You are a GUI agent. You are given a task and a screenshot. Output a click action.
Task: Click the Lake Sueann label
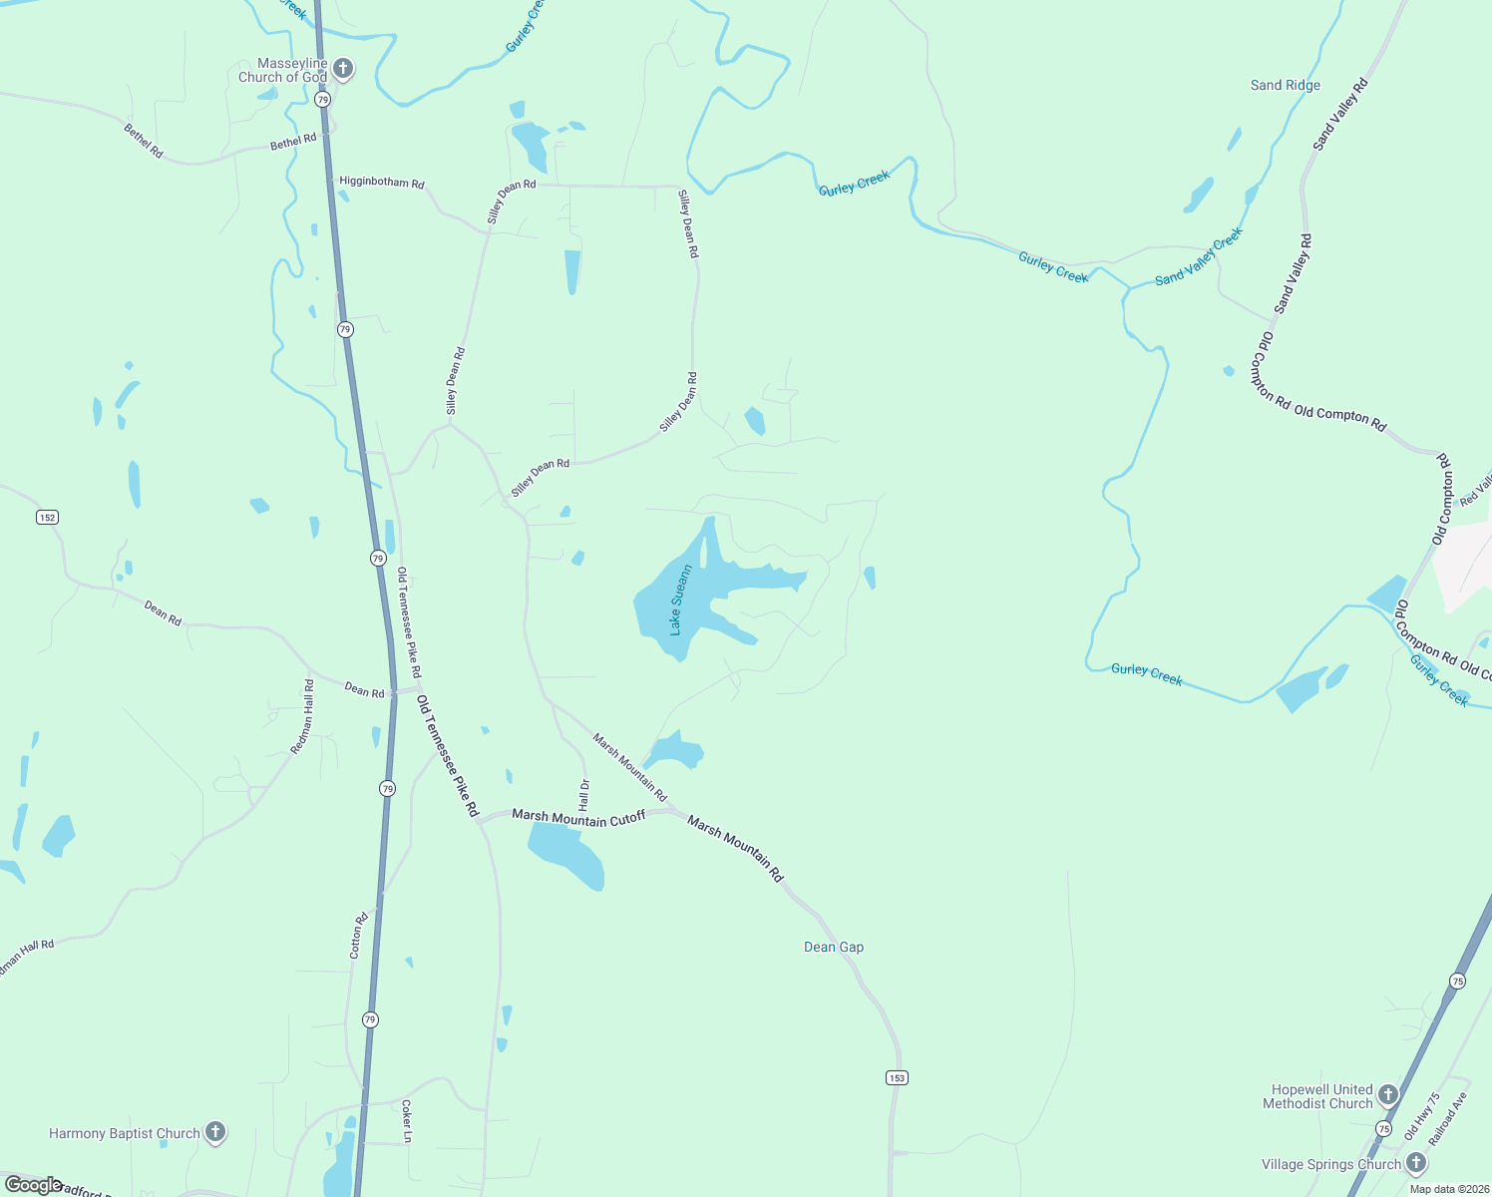click(681, 599)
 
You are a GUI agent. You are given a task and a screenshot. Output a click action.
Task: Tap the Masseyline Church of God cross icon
click(342, 69)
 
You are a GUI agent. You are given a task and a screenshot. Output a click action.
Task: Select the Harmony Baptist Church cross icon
click(214, 1132)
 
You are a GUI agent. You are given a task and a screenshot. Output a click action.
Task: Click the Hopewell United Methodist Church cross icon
click(1387, 1096)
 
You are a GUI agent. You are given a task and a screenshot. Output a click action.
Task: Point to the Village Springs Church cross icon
click(1415, 1163)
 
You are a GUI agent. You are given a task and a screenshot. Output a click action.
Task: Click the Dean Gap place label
click(834, 947)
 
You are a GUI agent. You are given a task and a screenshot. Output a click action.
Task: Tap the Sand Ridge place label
click(1286, 85)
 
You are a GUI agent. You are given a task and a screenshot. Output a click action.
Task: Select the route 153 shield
click(897, 1077)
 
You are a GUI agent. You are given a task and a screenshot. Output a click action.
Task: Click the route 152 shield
click(47, 517)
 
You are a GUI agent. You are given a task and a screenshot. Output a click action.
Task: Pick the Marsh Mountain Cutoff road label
click(578, 817)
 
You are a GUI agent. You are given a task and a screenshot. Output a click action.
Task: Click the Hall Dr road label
click(584, 794)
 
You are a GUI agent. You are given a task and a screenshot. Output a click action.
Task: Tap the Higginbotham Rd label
click(382, 183)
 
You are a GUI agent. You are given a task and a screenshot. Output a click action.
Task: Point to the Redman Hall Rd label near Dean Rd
click(302, 716)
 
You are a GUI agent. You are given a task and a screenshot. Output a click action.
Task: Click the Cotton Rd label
click(359, 936)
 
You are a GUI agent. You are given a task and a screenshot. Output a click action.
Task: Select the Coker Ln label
click(406, 1121)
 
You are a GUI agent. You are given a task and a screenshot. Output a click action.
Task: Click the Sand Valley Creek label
click(1199, 256)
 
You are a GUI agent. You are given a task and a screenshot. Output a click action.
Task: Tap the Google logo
click(32, 1185)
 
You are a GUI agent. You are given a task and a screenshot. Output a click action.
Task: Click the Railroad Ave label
click(1448, 1118)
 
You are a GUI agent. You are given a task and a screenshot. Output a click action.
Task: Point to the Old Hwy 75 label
click(1422, 1116)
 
